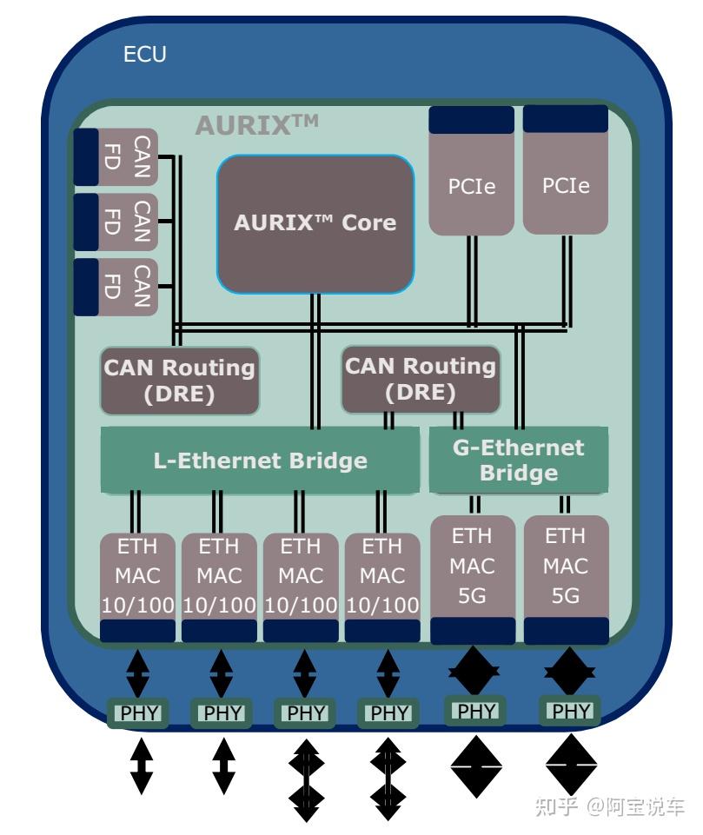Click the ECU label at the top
point(144,54)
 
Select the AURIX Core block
point(315,223)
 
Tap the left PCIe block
point(471,170)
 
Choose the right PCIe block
point(566,170)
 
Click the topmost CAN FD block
point(116,157)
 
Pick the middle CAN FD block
point(116,222)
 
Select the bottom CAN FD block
point(116,287)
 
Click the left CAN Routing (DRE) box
point(180,381)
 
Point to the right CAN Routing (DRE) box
point(421,379)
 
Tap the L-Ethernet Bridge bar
point(260,461)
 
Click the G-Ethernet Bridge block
point(519,461)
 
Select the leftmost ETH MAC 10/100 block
point(137,586)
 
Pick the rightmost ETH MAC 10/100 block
point(382,586)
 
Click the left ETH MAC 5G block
point(473,580)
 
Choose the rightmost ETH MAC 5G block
point(566,580)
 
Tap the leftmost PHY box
point(138,712)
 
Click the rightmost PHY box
point(570,711)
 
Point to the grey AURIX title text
point(256,125)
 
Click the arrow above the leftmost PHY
point(138,673)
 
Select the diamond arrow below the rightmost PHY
point(570,765)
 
